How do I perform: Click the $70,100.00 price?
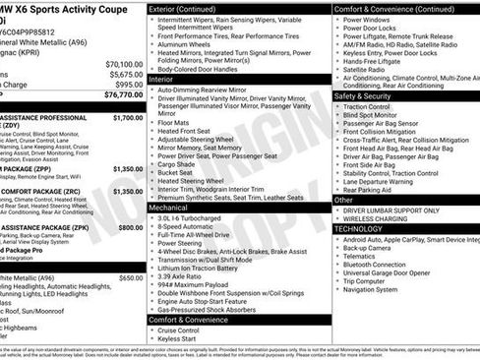[x=124, y=63]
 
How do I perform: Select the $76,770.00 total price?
[x=124, y=95]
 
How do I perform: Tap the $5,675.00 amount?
[x=126, y=74]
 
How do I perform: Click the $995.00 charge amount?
[x=129, y=85]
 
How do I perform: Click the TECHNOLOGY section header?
[x=359, y=228]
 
